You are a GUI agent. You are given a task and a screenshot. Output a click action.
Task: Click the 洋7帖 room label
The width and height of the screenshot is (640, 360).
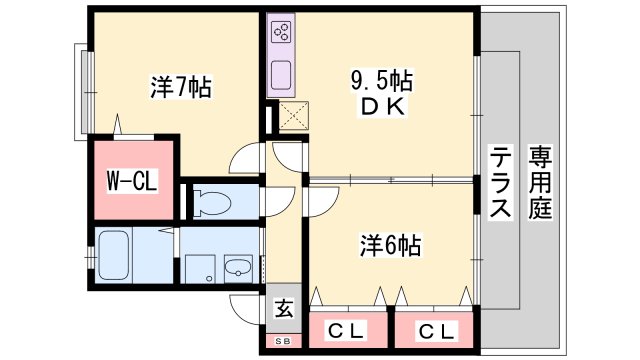click(x=179, y=88)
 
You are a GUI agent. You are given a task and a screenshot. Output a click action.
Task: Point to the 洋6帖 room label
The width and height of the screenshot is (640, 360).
click(x=389, y=245)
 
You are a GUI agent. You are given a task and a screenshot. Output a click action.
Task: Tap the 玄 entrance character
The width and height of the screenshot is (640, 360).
click(x=284, y=309)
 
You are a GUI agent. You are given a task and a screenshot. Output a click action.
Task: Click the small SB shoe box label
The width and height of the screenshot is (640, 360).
click(x=283, y=342)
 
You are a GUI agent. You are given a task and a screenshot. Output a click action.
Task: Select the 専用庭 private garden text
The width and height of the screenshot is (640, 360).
click(x=541, y=183)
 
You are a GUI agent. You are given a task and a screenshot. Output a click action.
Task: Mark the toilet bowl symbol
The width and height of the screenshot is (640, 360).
click(x=213, y=203)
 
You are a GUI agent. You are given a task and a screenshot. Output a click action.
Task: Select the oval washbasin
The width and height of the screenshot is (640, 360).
click(x=238, y=269)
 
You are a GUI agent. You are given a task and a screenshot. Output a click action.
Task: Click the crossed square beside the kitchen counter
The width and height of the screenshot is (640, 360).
click(x=294, y=118)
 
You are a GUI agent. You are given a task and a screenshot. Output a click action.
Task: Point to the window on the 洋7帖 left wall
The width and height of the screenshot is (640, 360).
click(x=81, y=91)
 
